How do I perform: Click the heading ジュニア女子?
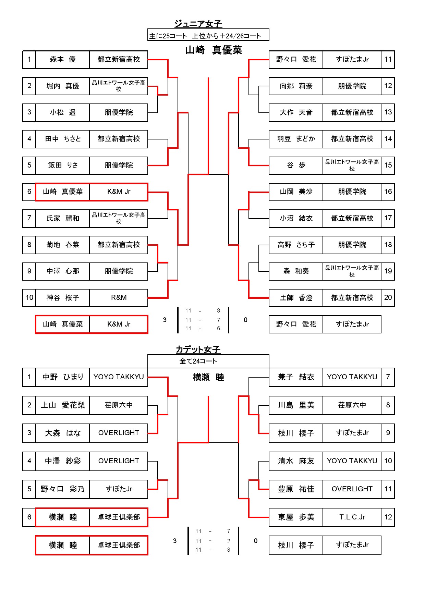point(198,24)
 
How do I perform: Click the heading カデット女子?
point(198,349)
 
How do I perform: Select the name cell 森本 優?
point(63,60)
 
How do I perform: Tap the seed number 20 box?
point(388,298)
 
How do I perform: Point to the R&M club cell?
point(119,298)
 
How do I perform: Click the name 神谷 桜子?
point(63,298)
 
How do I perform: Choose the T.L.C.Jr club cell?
point(352,517)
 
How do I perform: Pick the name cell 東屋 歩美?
point(296,517)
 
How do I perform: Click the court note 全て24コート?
point(198,361)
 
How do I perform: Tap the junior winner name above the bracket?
point(214,50)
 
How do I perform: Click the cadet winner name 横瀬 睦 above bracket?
point(208,377)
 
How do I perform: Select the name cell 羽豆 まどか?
point(296,139)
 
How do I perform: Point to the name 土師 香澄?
point(296,298)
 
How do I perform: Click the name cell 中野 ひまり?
point(63,377)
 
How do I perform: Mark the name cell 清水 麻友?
point(296,461)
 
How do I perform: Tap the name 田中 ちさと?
point(63,139)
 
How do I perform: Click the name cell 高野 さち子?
point(296,245)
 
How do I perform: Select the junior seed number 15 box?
point(388,165)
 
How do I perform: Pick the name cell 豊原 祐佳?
point(296,489)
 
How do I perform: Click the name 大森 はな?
point(63,433)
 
